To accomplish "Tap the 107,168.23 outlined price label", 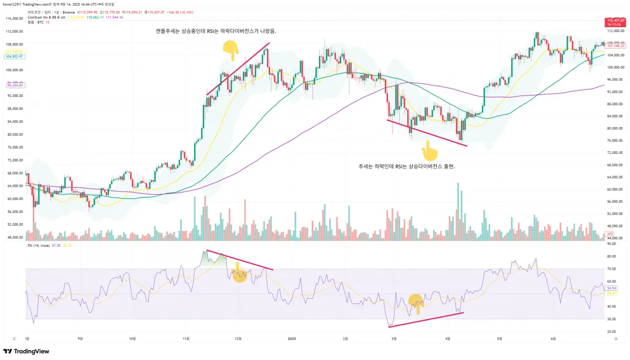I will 615,46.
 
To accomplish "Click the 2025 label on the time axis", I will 293,339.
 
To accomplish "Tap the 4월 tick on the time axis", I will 447,339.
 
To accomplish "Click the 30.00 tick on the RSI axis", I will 611,319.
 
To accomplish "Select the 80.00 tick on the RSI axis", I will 611,256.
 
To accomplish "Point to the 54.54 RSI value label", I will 611,288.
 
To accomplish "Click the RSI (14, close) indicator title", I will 43,245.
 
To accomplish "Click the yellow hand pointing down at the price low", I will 430,153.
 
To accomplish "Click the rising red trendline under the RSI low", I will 426,320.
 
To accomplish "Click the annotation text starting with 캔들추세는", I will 216,31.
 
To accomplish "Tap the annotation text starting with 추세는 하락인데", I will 406,166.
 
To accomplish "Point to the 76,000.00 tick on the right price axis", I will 614,140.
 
